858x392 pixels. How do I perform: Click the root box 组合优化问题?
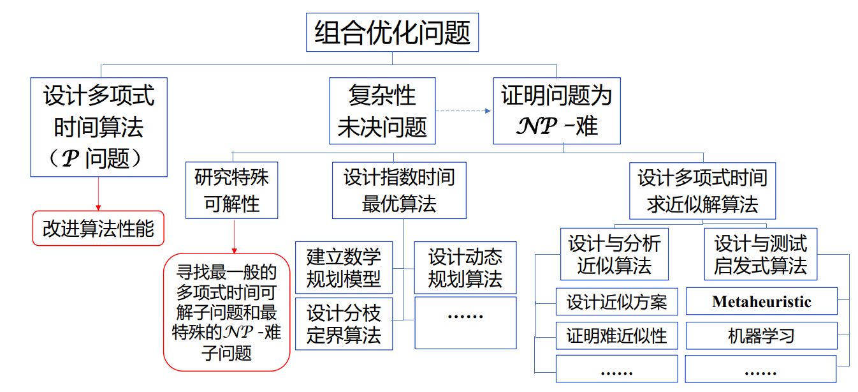coord(392,32)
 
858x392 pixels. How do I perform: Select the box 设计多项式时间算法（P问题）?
coord(99,127)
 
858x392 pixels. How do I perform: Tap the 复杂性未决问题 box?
coord(382,111)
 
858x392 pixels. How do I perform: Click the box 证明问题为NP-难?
coord(556,111)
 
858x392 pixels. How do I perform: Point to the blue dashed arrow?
coord(463,111)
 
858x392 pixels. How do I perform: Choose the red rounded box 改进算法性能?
coord(98,228)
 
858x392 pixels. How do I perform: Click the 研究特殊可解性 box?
coord(231,190)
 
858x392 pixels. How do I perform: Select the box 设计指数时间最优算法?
coord(399,190)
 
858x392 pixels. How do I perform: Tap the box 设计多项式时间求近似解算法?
coord(702,190)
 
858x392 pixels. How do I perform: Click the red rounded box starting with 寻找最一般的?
coord(226,312)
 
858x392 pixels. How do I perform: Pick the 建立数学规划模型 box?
coord(344,268)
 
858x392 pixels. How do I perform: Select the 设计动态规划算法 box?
coord(465,268)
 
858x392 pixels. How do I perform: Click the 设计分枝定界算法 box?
coord(344,324)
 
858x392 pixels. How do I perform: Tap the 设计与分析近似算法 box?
coord(614,254)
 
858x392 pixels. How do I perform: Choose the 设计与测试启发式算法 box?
coord(760,254)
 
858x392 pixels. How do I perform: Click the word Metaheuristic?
coord(761,302)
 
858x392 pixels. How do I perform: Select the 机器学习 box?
coord(761,336)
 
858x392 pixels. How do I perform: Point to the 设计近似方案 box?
coord(616,302)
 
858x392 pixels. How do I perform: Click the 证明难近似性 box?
coord(616,336)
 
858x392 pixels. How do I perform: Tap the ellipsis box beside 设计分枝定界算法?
coord(465,322)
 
